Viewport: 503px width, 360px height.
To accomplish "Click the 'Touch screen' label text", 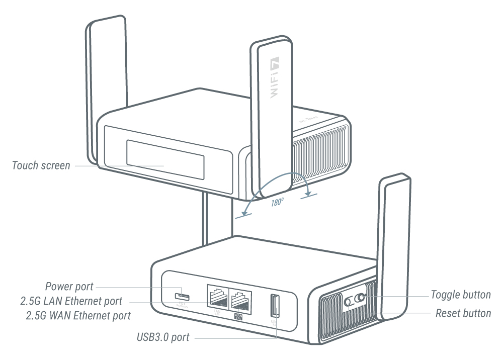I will click(x=41, y=165).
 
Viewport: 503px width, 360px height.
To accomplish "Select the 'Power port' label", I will click(x=69, y=287).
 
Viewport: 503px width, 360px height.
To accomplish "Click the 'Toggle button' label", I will click(x=461, y=295).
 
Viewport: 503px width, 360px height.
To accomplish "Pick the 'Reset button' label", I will click(x=463, y=314).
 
